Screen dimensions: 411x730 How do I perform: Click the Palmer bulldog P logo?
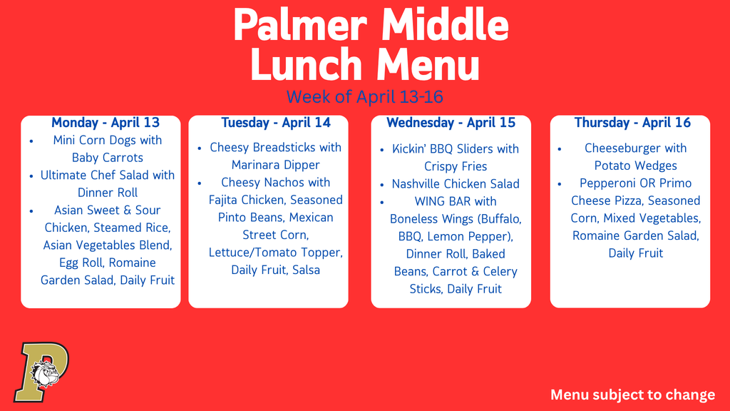point(41,371)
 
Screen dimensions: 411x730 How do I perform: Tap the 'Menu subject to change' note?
point(632,395)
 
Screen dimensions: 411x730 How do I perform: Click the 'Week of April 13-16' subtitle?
point(365,96)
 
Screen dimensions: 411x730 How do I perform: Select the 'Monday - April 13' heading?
point(106,123)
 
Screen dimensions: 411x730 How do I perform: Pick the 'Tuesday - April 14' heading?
point(276,123)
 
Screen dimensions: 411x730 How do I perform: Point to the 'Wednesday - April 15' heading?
point(451,123)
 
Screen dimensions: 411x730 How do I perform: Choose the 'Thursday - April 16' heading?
point(632,123)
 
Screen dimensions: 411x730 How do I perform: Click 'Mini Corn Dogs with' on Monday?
point(108,141)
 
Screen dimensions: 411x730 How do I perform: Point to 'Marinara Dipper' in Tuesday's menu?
point(276,165)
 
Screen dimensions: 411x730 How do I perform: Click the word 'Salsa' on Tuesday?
point(306,270)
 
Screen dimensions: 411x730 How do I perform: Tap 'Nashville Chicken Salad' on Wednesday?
point(456,184)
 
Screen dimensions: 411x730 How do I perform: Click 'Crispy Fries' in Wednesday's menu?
point(456,166)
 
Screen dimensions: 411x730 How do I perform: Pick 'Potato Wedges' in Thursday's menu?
point(636,166)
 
